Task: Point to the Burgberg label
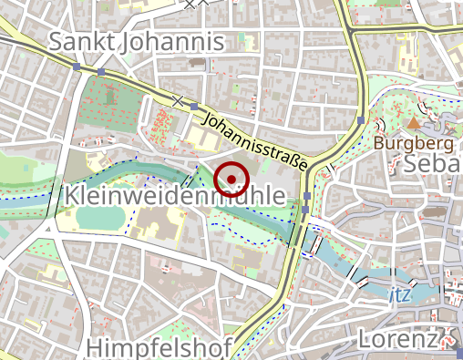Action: click(414, 143)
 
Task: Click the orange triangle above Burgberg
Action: click(414, 122)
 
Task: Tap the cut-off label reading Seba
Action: click(432, 164)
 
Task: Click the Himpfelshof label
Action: click(159, 346)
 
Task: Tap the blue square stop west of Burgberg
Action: click(361, 120)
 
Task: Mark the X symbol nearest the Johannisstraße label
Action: click(179, 99)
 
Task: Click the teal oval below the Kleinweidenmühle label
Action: click(98, 218)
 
